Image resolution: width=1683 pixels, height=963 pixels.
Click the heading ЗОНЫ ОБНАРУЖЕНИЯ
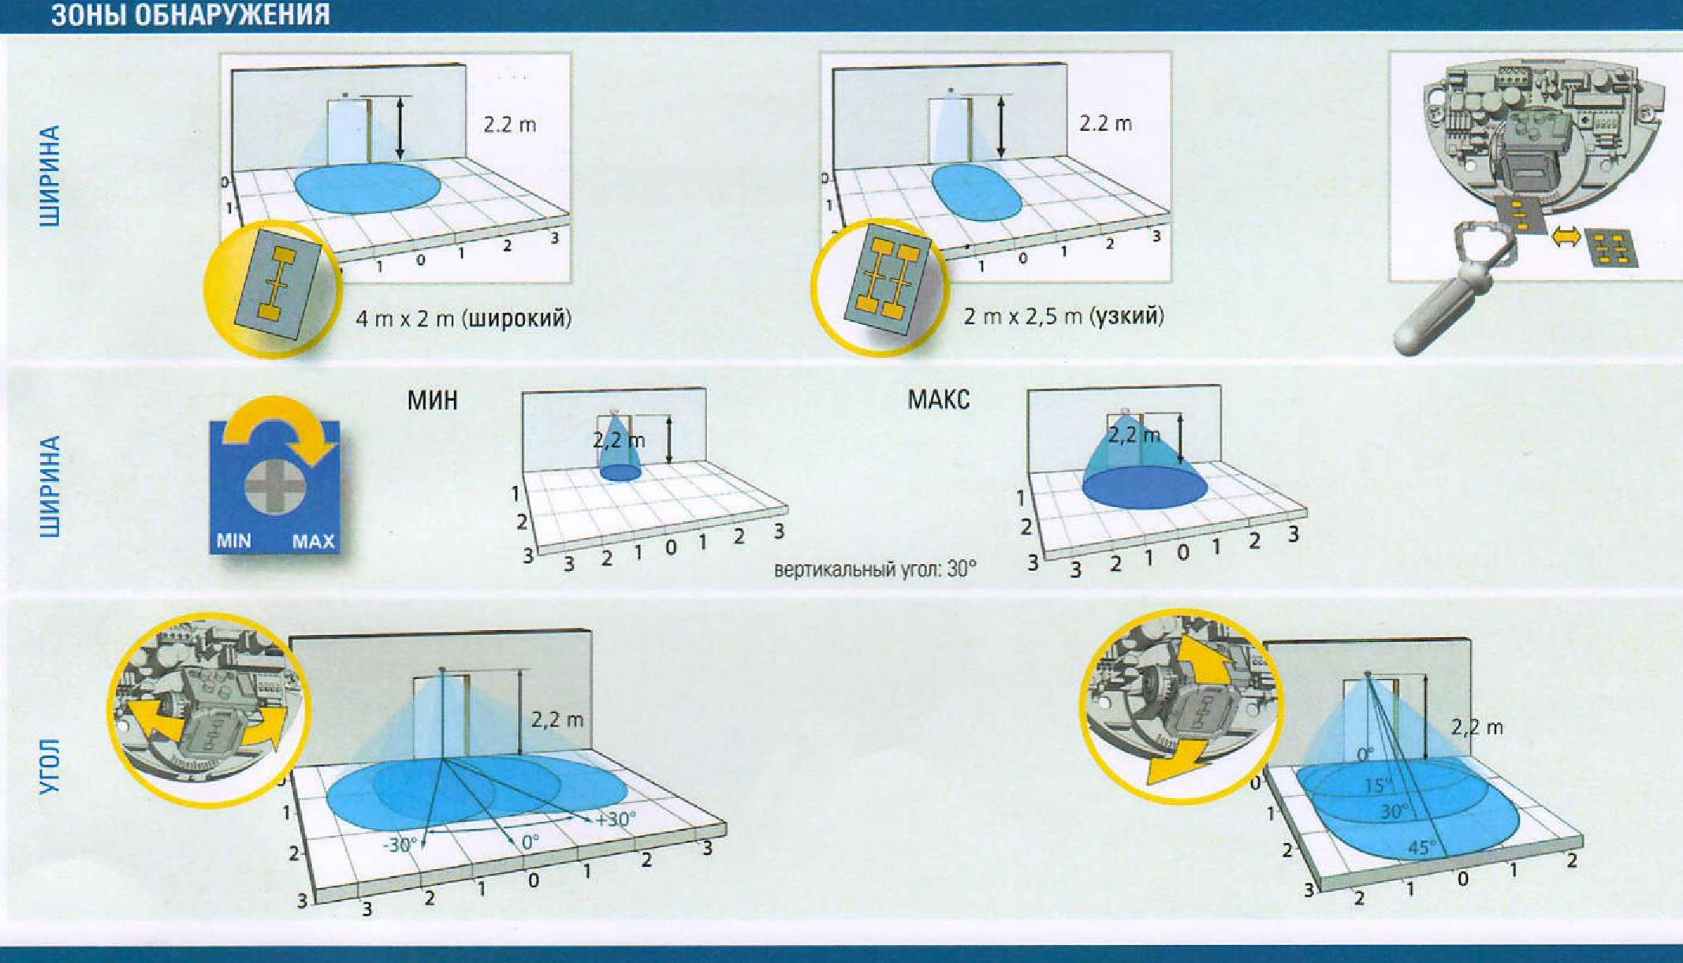point(191,15)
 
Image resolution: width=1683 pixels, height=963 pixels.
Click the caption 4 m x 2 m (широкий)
point(464,318)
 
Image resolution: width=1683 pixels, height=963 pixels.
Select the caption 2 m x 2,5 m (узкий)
point(1063,316)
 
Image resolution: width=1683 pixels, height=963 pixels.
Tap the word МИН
point(432,400)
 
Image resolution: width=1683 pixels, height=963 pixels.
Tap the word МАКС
point(938,399)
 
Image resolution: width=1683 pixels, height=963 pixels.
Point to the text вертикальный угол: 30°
point(875,569)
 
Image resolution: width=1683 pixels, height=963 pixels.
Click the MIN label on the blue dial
point(233,541)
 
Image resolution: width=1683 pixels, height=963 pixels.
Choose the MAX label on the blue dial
point(313,542)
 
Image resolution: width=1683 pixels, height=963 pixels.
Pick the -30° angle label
point(400,845)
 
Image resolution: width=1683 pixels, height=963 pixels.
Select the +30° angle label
point(615,819)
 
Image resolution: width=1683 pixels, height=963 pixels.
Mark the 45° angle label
point(1422,848)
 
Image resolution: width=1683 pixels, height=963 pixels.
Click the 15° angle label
point(1378,786)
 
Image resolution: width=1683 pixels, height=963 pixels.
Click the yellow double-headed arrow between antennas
point(1566,236)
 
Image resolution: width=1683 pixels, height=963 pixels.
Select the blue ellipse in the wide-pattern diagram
point(368,188)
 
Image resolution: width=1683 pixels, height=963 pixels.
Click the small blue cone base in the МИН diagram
point(621,472)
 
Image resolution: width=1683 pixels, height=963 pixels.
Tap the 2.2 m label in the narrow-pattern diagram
point(1105,124)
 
